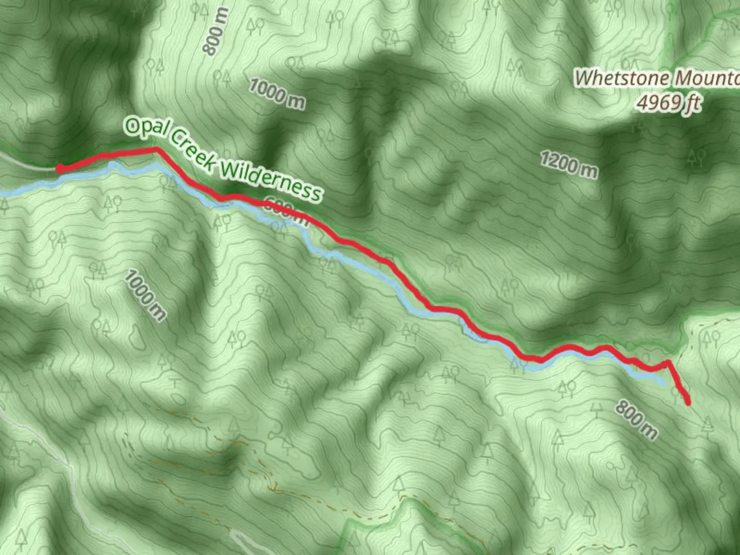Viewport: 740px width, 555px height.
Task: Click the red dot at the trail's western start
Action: pyautogui.click(x=60, y=168)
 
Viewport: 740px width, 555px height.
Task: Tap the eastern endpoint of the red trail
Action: pyautogui.click(x=688, y=403)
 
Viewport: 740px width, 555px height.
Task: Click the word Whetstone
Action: pyautogui.click(x=622, y=79)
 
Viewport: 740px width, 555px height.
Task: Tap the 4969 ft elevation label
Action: pyautogui.click(x=668, y=103)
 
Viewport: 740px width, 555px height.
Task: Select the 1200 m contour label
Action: pyautogui.click(x=569, y=164)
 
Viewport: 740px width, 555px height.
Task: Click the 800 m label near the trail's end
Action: pyautogui.click(x=636, y=420)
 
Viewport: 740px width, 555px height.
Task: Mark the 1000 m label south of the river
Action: pyautogui.click(x=145, y=295)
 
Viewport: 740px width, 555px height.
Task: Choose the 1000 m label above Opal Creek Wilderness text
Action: pyautogui.click(x=277, y=94)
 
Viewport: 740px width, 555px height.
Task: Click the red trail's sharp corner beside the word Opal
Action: pyautogui.click(x=156, y=149)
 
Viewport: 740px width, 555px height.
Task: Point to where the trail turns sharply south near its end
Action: pyautogui.click(x=668, y=362)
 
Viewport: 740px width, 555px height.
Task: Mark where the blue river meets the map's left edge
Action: pyautogui.click(x=2, y=194)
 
